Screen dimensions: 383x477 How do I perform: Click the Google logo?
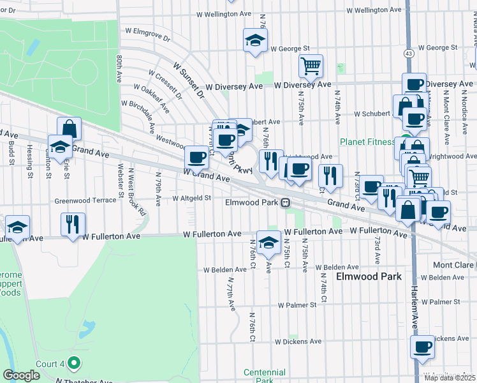tap(22, 375)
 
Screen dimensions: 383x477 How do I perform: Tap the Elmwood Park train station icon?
tap(286, 202)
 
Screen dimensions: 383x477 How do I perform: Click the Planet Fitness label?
tap(367, 142)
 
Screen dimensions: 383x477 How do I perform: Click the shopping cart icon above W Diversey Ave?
tap(311, 65)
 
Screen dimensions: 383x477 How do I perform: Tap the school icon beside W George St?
tap(255, 41)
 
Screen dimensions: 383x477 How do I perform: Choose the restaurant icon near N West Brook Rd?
tap(70, 224)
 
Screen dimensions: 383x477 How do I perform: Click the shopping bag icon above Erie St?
tap(69, 128)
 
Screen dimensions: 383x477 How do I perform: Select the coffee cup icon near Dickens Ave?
tap(422, 348)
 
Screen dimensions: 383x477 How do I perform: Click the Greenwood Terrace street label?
tap(86, 200)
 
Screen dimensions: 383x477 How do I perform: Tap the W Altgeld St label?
tap(191, 198)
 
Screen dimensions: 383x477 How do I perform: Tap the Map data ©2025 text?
tap(450, 378)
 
